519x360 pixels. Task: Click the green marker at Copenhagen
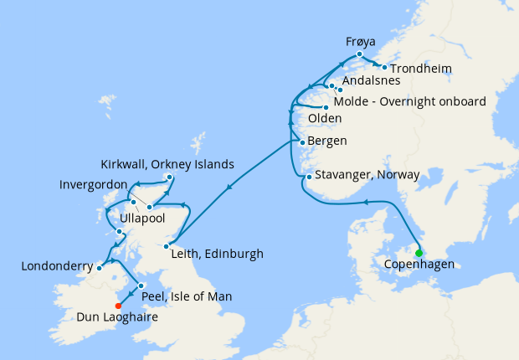(x=419, y=254)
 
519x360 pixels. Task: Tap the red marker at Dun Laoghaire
(x=129, y=306)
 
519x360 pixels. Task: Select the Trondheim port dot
(x=384, y=67)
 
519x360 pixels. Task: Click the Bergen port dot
(x=301, y=141)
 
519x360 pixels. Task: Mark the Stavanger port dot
(x=308, y=177)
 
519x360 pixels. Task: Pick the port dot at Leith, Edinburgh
(x=167, y=246)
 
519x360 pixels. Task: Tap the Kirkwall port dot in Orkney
(x=169, y=177)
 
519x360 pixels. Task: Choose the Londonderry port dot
(x=99, y=268)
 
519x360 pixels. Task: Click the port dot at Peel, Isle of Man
(x=141, y=285)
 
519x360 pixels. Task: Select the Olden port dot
(x=325, y=106)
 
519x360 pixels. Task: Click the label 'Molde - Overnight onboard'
(x=409, y=101)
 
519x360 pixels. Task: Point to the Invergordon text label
(x=94, y=184)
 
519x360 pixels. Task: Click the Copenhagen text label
(x=419, y=265)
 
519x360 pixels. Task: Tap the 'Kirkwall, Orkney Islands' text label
(x=167, y=163)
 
